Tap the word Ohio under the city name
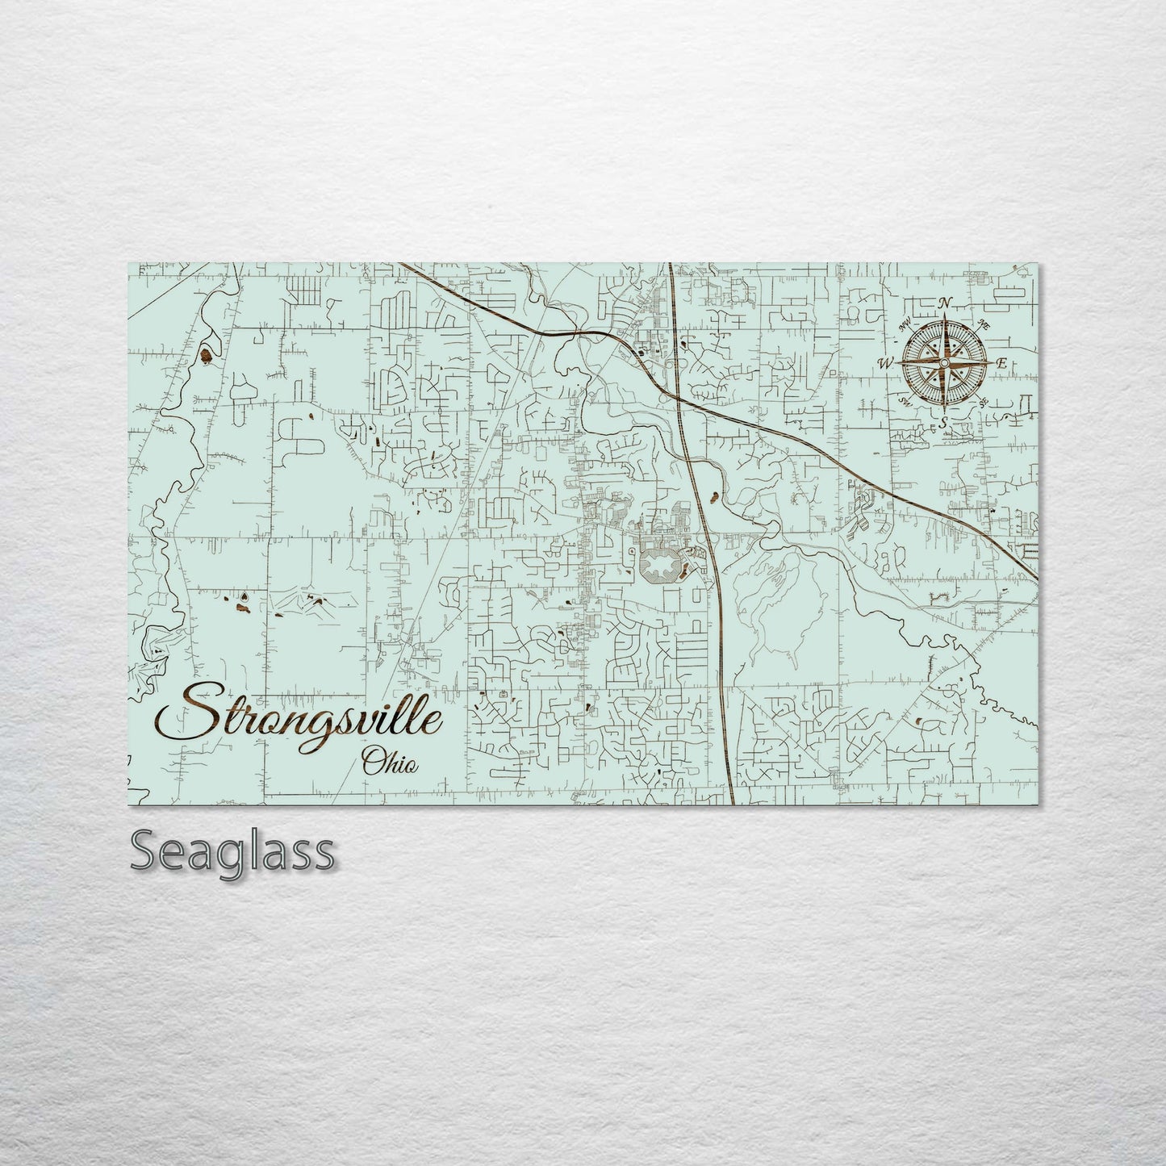(x=390, y=761)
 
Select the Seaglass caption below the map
(x=232, y=850)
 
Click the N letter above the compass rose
(x=945, y=303)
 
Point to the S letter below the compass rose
(x=942, y=421)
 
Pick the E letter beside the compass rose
(x=1001, y=365)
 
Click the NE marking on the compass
(x=983, y=324)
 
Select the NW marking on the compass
(x=905, y=326)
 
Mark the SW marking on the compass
(x=903, y=401)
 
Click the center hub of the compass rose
(x=943, y=363)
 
